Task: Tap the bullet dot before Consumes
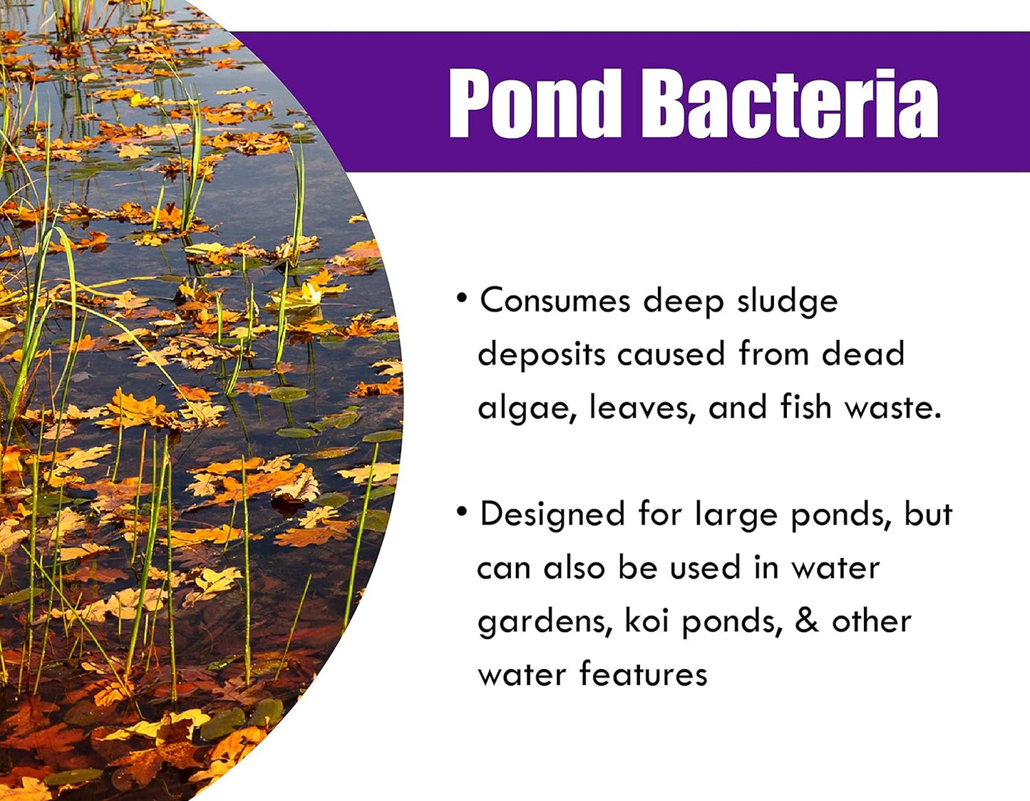point(462,297)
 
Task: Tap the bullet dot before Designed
point(462,511)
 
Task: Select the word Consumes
point(555,301)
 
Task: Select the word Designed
point(552,515)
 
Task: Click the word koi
point(647,621)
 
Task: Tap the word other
point(872,621)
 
